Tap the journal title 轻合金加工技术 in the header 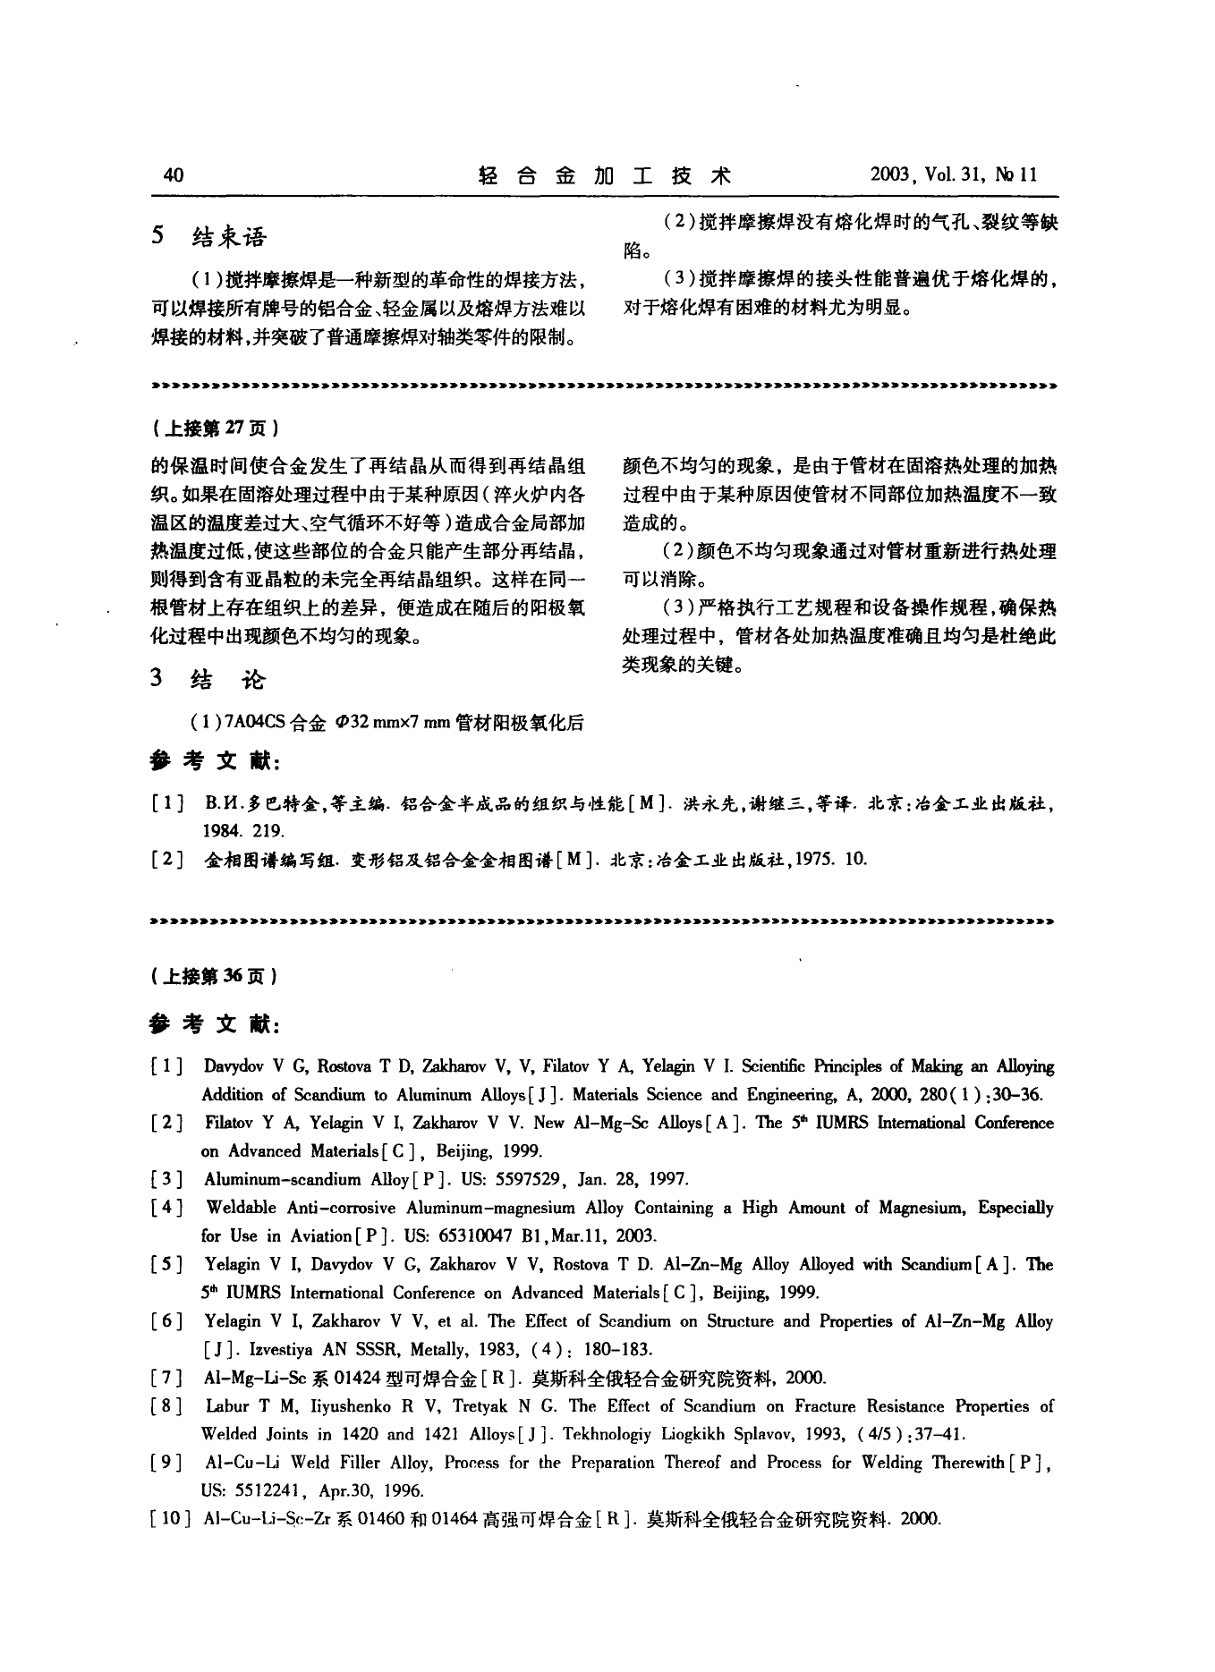coord(606,175)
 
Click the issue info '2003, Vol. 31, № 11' coord(953,175)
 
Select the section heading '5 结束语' coord(209,237)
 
